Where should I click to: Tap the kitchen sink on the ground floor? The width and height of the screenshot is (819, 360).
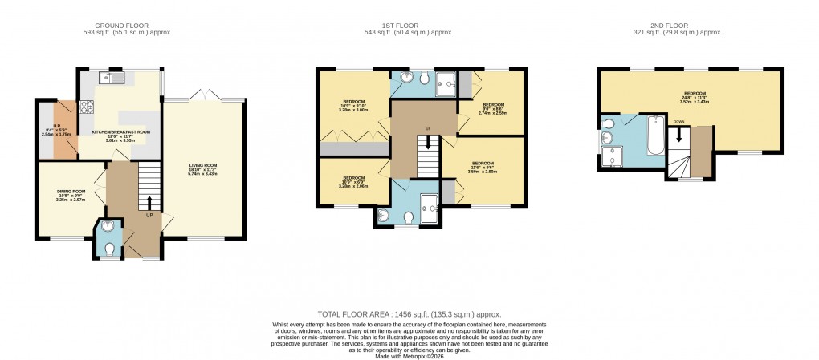pos(110,78)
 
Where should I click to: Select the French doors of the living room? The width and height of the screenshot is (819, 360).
pos(203,97)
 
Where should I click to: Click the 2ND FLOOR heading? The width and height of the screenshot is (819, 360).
pos(678,25)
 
